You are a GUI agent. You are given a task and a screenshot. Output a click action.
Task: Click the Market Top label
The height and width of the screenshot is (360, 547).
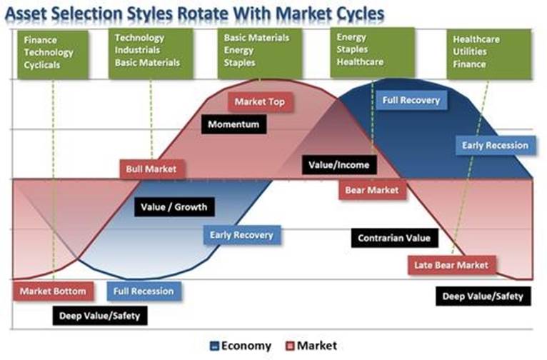pos(260,102)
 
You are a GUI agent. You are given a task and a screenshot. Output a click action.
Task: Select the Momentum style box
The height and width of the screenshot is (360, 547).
pos(234,124)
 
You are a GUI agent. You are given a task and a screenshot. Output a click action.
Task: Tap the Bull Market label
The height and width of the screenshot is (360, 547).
pos(152,169)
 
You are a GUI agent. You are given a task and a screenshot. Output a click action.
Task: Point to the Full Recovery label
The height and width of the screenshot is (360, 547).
pos(411,101)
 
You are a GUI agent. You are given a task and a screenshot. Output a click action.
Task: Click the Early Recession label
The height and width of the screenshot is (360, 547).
pos(496,146)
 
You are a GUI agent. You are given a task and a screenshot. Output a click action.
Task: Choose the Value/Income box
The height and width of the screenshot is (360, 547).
pos(339,165)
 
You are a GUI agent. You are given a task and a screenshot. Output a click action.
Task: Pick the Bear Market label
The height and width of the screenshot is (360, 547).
pos(372,190)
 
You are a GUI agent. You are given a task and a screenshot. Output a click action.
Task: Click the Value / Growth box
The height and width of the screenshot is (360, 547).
pos(174,207)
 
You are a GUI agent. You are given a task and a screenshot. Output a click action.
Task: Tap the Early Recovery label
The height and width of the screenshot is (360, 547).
pos(242,235)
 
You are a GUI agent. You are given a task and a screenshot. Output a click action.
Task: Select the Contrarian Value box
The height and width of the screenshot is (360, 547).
pos(395,239)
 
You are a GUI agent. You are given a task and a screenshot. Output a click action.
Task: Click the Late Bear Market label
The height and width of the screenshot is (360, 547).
pos(451,265)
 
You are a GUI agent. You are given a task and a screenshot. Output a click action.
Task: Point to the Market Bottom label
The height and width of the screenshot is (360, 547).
pos(53,291)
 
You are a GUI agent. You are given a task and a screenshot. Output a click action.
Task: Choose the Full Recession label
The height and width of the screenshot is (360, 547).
pos(144,291)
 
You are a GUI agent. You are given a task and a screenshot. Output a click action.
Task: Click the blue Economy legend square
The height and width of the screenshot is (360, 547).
pos(214,346)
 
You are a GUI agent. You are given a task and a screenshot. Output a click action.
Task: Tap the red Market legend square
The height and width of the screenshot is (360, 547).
pos(290,346)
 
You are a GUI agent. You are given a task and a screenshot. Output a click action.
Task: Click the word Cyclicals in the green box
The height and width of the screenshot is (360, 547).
pos(42,65)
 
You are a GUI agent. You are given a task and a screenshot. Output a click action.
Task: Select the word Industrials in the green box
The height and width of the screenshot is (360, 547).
pos(137,50)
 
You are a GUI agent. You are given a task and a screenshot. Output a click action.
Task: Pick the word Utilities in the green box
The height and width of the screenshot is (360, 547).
pos(470,51)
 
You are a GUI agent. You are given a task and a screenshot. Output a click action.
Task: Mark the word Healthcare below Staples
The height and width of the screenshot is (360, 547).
pos(360,62)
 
